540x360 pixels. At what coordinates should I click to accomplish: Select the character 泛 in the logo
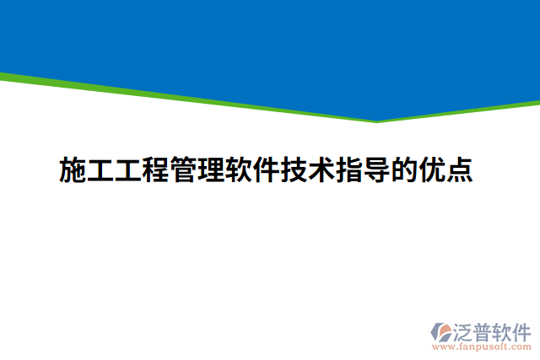pos(466,330)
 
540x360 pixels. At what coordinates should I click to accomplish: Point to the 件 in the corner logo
pos(523,330)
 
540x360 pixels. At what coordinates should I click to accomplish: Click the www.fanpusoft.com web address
pos(482,346)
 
